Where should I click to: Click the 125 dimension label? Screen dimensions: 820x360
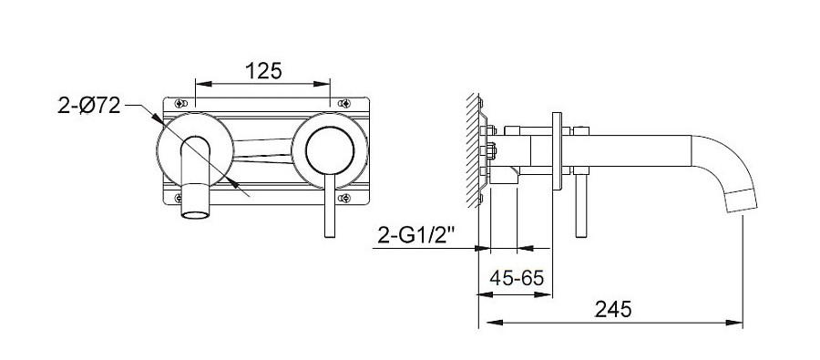point(263,71)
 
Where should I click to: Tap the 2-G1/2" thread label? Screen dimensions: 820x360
point(415,237)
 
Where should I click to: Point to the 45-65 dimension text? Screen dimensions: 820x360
point(517,277)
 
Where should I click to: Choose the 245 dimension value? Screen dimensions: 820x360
point(613,309)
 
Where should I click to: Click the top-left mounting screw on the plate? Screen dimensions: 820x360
point(181,103)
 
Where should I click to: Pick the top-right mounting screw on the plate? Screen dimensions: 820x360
point(343,103)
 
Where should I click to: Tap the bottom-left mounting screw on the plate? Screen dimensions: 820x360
point(179,198)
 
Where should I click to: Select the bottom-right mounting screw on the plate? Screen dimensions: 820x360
point(344,198)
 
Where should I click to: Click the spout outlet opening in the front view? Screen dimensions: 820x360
point(195,214)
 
